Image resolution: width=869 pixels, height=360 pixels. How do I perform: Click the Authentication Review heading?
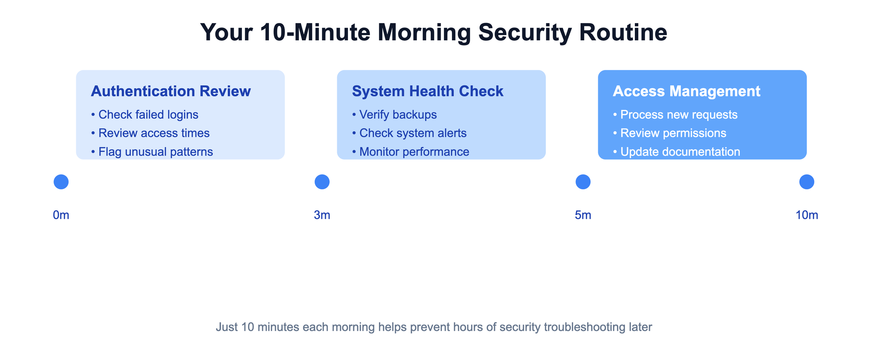click(x=171, y=91)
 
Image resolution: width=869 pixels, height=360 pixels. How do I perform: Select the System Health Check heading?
click(x=428, y=91)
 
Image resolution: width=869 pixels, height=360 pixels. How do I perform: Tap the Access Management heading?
click(x=687, y=91)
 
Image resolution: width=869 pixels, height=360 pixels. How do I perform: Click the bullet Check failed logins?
click(x=145, y=115)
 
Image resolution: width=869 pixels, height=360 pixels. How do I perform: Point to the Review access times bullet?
click(x=150, y=133)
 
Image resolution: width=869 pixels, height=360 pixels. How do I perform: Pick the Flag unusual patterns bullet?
click(x=152, y=152)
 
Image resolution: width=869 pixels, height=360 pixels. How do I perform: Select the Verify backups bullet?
click(x=394, y=115)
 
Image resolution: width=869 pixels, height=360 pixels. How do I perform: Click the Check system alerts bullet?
click(x=409, y=133)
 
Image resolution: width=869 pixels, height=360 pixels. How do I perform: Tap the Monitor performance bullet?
click(x=411, y=152)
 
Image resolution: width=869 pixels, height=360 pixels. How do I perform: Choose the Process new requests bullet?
click(x=675, y=115)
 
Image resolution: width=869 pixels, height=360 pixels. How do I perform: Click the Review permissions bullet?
click(x=670, y=133)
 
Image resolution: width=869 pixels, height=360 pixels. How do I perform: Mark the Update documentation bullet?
click(x=677, y=152)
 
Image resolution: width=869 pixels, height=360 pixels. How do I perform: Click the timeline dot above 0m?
click(x=61, y=182)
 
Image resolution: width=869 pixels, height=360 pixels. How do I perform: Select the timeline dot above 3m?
click(x=322, y=182)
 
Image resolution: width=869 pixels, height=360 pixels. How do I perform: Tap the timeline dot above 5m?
click(x=583, y=182)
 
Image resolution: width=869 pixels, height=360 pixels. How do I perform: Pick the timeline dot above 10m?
click(x=807, y=182)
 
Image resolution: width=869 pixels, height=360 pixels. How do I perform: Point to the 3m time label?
click(x=322, y=215)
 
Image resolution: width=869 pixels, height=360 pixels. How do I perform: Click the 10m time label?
click(x=807, y=215)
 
